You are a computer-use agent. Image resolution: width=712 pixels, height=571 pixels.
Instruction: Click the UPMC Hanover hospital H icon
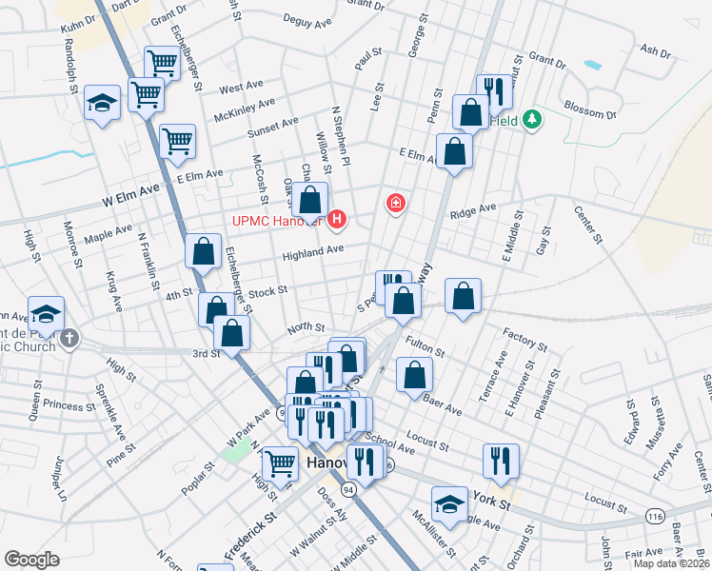pyautogui.click(x=337, y=222)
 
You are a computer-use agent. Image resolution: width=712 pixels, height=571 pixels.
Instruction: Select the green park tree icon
pyautogui.click(x=534, y=119)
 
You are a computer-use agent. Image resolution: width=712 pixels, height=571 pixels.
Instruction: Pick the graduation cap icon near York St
pyautogui.click(x=450, y=503)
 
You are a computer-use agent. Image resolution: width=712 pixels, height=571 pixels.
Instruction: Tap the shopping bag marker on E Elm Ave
pyautogui.click(x=455, y=151)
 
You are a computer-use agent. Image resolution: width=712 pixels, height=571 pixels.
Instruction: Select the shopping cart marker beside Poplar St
pyautogui.click(x=279, y=463)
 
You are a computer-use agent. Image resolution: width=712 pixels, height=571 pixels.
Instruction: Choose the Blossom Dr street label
pyautogui.click(x=590, y=110)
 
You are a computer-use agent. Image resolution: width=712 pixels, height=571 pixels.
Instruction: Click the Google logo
pyautogui.click(x=31, y=560)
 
